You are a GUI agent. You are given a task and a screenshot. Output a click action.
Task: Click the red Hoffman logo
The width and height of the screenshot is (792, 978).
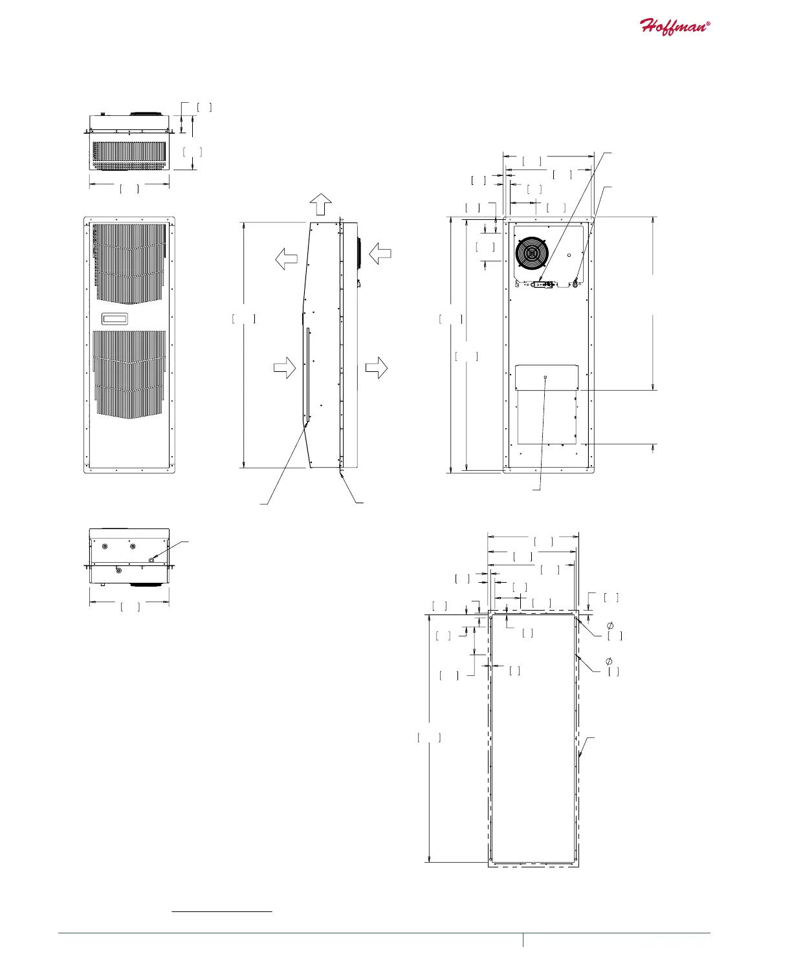pos(674,27)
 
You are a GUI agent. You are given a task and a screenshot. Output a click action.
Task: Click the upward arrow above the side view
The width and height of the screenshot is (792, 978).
pos(320,204)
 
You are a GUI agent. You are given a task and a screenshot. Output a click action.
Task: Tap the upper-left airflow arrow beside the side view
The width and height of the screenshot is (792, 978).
pos(286,259)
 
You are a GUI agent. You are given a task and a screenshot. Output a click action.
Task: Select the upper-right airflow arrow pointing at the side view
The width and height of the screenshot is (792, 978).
pos(380,253)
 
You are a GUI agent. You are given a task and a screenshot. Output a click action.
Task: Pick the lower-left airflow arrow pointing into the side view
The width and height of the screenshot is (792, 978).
pos(284,367)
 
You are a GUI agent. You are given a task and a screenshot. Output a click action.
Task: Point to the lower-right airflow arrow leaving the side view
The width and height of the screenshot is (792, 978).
pos(376,367)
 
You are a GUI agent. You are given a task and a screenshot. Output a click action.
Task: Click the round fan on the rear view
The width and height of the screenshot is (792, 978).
pos(531,252)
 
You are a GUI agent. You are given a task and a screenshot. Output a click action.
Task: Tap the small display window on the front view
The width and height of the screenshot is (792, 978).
pos(115,319)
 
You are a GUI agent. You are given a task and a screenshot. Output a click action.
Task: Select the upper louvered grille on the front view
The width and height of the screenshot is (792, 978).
pos(129,263)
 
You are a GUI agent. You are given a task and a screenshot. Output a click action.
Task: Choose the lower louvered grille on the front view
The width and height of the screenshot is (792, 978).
pos(129,375)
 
